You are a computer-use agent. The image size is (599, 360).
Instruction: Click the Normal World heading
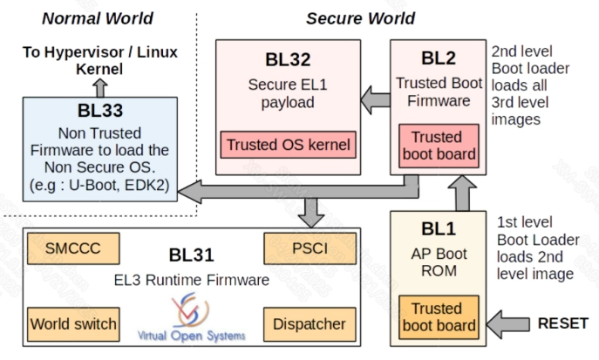98,17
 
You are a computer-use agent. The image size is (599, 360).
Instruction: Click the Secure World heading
360,17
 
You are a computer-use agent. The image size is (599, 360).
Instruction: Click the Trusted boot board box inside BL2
436,146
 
